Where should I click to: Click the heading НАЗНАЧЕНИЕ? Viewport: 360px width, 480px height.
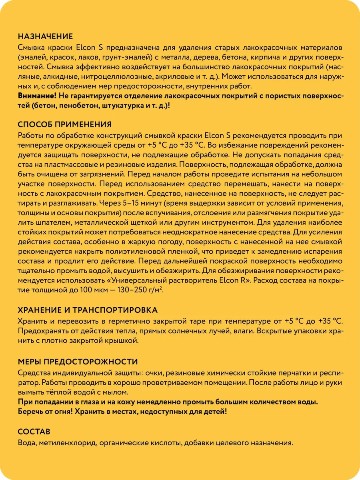[45, 36]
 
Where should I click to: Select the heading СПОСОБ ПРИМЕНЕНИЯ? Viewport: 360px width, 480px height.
[65, 124]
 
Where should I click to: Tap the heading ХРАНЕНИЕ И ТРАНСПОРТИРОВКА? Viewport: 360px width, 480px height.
[88, 310]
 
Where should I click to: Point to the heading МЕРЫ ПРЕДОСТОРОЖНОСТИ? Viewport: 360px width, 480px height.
[78, 362]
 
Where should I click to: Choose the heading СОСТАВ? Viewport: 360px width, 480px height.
[34, 432]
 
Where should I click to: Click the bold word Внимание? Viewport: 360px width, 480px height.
[37, 96]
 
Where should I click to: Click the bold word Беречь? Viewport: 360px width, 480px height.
[30, 411]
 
